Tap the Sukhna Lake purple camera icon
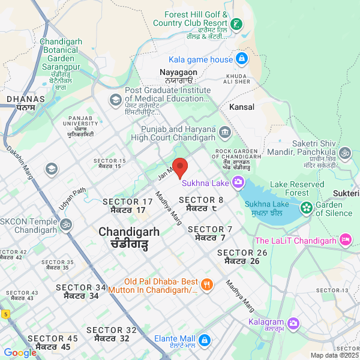pos(238,182)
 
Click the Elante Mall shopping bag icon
pos(204,340)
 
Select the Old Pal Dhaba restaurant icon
pos(206,286)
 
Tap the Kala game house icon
pos(241,59)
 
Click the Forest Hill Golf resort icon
pos(238,25)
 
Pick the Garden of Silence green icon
pos(307,208)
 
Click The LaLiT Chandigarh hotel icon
pos(345,241)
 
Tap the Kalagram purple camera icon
pos(293,323)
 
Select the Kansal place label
pos(242,107)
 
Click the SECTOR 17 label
pos(128,202)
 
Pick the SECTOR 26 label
pos(242,253)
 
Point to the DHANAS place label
pos(25,98)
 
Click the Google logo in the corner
pos(20,353)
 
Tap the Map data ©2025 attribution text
pos(334,355)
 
